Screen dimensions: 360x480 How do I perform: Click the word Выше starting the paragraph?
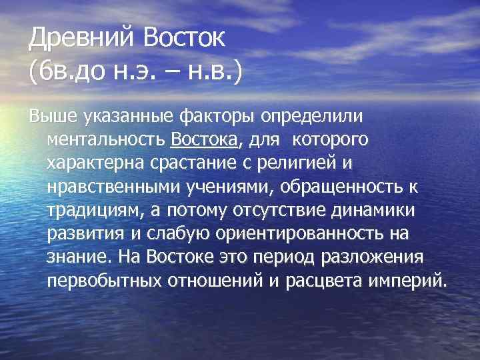tap(54, 117)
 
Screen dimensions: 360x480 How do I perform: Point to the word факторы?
tap(215, 117)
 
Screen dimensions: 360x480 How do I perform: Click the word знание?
tap(75, 257)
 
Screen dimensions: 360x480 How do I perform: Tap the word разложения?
tap(375, 257)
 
